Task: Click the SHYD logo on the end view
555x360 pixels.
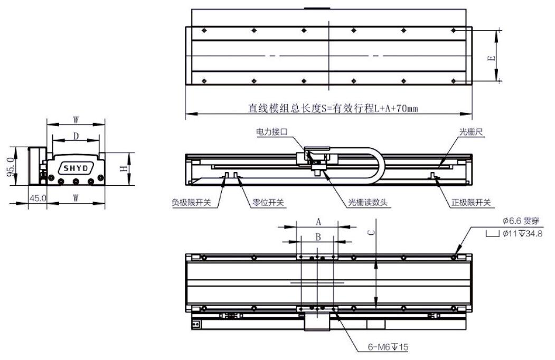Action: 77,168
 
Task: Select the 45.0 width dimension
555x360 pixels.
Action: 37,199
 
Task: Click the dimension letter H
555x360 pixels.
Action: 123,168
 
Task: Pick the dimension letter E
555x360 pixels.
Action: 491,57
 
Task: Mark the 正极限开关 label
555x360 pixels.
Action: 472,203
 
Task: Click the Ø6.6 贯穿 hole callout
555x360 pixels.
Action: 520,221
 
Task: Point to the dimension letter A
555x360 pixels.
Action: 318,222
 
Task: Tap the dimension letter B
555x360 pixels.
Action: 318,238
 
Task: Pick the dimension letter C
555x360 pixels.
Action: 371,232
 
